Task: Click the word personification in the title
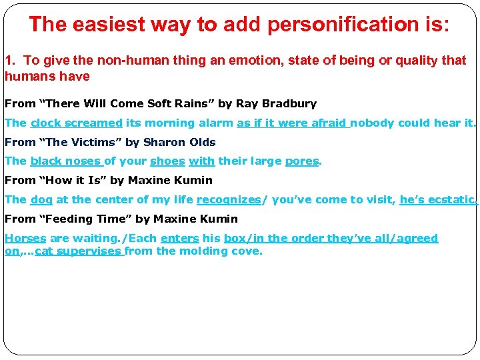coord(334,25)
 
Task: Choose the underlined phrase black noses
coord(65,161)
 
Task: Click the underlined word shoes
coord(167,161)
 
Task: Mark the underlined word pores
coord(302,161)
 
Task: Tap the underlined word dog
coord(41,199)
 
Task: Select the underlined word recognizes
coord(229,199)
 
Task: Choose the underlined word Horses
coord(25,238)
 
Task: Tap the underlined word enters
coord(180,238)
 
